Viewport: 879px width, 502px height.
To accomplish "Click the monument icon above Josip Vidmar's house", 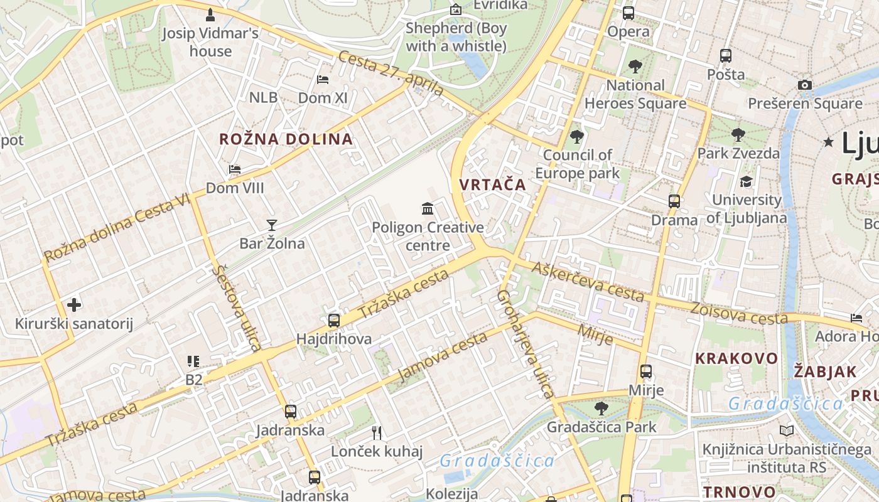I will [x=210, y=14].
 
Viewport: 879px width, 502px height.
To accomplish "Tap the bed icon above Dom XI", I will [x=323, y=80].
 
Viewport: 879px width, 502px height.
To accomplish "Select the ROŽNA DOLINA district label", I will [x=286, y=139].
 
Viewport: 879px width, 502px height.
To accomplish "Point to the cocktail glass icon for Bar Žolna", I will [x=272, y=225].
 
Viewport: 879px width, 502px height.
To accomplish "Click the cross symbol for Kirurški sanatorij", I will [x=74, y=305].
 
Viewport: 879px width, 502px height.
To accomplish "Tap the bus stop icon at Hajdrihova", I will [x=334, y=321].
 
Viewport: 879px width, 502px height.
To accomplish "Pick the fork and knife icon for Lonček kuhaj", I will [x=377, y=432].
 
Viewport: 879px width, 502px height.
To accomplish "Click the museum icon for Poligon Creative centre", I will [x=428, y=208].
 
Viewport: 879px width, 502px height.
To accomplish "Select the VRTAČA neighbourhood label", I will [x=492, y=184].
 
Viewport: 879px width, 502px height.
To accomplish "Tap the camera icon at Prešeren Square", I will [x=805, y=85].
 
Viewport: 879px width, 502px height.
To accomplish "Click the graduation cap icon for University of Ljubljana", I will [x=746, y=182].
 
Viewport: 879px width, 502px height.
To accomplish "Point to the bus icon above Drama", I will [x=674, y=201].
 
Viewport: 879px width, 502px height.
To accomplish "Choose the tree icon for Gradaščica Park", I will [x=601, y=409].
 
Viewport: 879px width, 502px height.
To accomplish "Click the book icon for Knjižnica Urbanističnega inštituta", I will [x=786, y=431].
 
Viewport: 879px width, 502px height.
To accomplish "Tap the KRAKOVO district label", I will [x=736, y=358].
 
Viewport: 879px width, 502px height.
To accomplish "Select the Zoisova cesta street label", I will [x=738, y=313].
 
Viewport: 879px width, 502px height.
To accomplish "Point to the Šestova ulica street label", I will [x=237, y=308].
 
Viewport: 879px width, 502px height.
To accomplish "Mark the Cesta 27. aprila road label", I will [x=391, y=74].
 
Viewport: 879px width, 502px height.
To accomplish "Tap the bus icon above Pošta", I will [x=726, y=56].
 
